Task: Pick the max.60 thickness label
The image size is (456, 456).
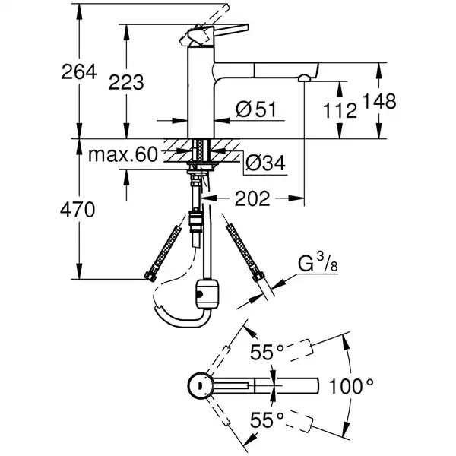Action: [122, 156]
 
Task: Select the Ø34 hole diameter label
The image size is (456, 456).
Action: [266, 162]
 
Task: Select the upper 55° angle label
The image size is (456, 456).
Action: [268, 352]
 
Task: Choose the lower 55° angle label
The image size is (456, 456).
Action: [268, 419]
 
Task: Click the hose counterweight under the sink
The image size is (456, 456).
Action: [207, 292]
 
